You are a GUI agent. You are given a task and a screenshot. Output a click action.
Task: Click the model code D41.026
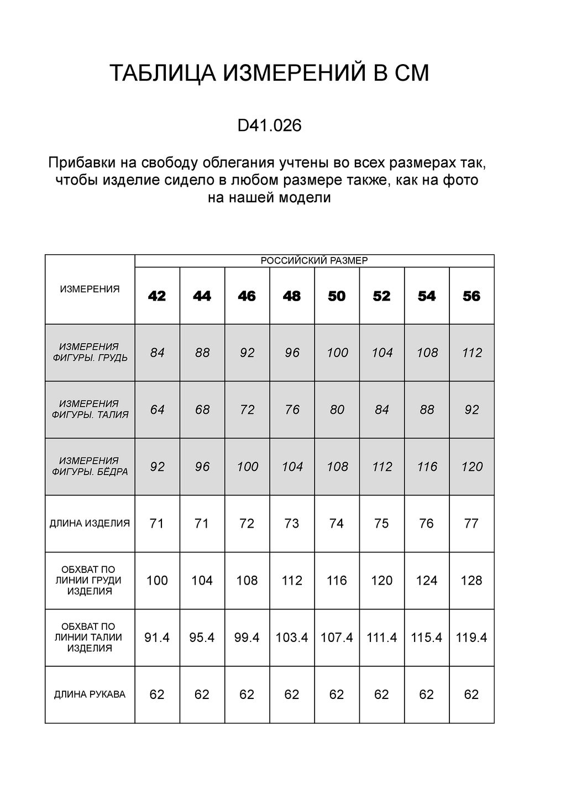tap(269, 126)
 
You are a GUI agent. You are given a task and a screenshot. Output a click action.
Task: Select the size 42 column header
tap(157, 297)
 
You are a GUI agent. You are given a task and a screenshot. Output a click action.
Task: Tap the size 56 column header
tap(471, 297)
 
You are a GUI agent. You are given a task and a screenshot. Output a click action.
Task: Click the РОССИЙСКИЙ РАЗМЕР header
tap(314, 261)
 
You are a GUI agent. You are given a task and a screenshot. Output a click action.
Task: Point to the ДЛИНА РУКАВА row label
tap(90, 694)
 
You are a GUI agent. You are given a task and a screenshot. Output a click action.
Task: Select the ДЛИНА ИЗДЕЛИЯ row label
tap(90, 523)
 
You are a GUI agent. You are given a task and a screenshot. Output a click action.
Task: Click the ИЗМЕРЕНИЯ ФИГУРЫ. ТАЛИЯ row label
tap(90, 409)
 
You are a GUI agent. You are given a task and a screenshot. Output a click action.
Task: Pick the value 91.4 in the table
tap(157, 638)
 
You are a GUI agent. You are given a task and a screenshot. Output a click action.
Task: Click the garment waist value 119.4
tap(471, 638)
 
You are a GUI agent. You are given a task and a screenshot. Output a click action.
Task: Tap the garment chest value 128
tap(471, 581)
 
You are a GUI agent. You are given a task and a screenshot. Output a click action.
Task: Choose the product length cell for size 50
tap(337, 523)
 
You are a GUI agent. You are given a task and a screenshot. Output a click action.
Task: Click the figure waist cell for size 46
tap(247, 410)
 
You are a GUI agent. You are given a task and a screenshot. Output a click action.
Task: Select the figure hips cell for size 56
tap(472, 467)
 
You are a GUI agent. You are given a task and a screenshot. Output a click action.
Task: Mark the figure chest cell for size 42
tap(158, 352)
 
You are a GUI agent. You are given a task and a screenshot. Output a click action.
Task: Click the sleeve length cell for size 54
tap(427, 694)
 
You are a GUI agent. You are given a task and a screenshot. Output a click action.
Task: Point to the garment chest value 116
tap(337, 581)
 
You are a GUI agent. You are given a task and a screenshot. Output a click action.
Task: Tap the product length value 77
tap(471, 523)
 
